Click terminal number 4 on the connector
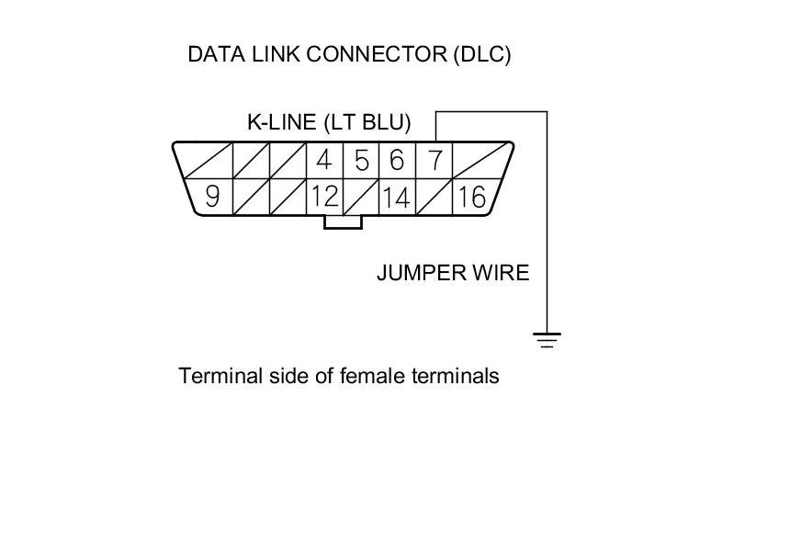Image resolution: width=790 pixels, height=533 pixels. pos(323,161)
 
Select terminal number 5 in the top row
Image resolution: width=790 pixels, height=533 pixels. pos(361,161)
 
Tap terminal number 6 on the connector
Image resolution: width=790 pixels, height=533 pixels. pos(397,161)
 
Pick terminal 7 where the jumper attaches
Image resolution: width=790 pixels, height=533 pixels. pos(434,161)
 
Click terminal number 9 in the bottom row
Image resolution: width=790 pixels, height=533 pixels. pos(212,197)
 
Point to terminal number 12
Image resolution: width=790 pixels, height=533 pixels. pos(323,197)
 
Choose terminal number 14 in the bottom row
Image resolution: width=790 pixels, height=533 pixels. pos(396,197)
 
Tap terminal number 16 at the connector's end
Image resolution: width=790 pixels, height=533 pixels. pos(470,197)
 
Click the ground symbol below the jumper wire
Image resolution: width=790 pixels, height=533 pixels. pos(547,341)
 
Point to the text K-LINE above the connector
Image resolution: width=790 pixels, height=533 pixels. pos(281,122)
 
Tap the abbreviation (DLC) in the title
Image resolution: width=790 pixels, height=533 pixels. pos(481,54)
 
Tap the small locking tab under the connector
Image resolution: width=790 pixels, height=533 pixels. pos(343,221)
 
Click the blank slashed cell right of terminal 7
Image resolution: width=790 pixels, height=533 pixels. pos(477,161)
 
